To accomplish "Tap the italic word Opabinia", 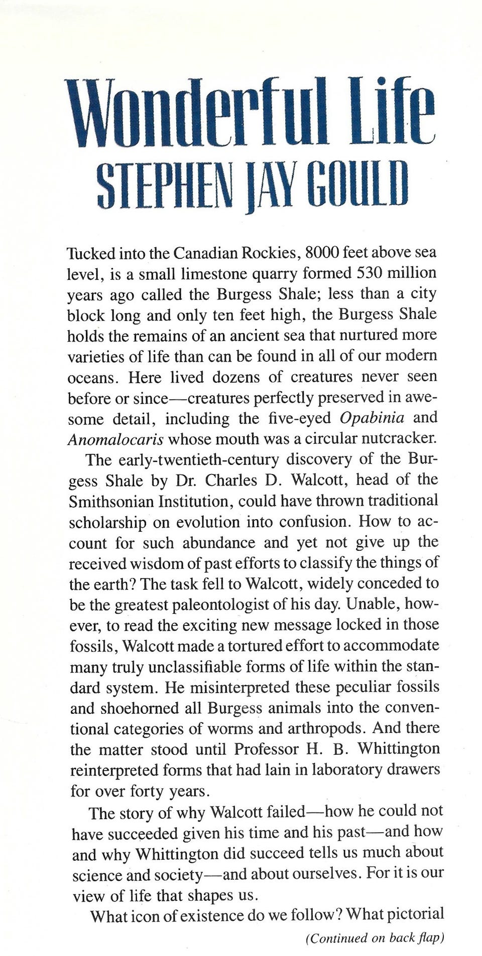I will click(368, 418).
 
